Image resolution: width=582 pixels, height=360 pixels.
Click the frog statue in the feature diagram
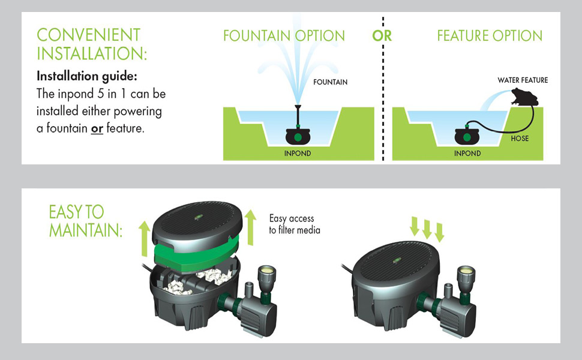click(x=523, y=98)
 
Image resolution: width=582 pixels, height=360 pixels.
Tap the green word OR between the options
click(x=382, y=36)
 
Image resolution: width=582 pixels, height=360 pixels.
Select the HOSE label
click(x=520, y=138)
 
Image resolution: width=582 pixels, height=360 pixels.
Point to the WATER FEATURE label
click(x=523, y=80)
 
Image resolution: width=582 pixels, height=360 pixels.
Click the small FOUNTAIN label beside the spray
click(x=330, y=82)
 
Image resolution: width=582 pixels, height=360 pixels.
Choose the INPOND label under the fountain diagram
click(x=298, y=153)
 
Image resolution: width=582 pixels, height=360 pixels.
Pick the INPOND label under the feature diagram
click(x=467, y=153)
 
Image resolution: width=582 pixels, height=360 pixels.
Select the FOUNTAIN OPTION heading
click(x=284, y=36)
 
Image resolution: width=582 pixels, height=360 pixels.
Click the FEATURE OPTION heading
click(x=490, y=36)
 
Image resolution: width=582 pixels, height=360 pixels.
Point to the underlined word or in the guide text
click(x=97, y=128)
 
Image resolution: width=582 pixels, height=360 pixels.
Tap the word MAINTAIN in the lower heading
click(x=85, y=230)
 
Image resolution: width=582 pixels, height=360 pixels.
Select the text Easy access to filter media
click(x=294, y=224)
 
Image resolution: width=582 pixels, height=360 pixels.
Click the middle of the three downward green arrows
click(x=427, y=229)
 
